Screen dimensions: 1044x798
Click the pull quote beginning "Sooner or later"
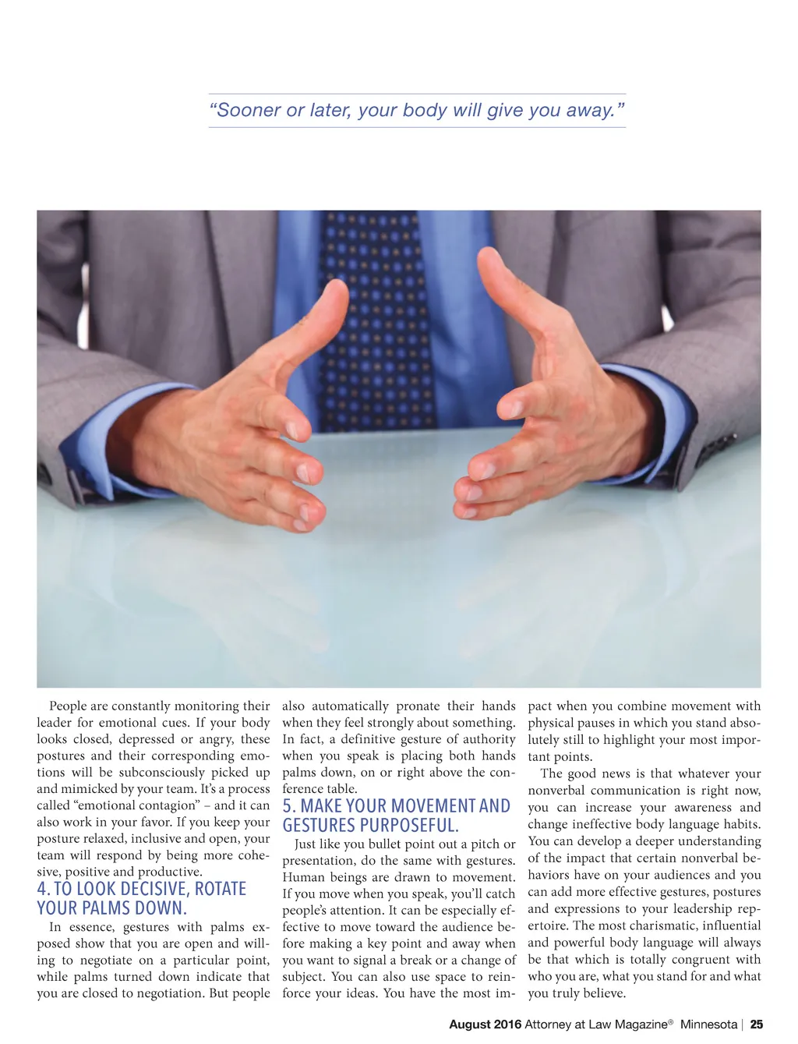417,110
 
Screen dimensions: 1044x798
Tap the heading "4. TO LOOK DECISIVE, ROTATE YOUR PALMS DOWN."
141,898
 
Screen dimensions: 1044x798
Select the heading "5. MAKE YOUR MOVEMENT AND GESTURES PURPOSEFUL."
396,816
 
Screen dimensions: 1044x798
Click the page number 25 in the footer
757,1025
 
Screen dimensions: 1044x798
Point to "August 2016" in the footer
485,1025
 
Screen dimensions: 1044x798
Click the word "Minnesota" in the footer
708,1025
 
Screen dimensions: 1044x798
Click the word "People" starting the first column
68,706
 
